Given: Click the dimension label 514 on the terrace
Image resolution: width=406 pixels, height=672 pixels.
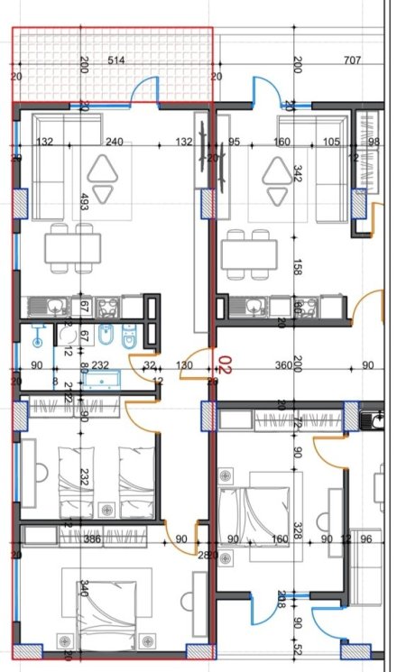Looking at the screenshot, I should pos(115,60).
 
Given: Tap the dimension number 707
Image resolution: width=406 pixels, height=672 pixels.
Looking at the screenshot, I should pos(353,60).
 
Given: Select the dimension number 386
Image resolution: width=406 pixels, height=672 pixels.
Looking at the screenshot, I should pos(92,539).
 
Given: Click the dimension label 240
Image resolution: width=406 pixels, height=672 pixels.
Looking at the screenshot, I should pos(114,142).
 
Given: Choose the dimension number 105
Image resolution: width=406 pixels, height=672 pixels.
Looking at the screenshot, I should pos(331,142).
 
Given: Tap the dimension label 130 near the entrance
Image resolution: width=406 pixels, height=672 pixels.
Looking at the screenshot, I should pos(184,364).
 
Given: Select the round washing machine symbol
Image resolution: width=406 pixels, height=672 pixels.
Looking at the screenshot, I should pos(69,336).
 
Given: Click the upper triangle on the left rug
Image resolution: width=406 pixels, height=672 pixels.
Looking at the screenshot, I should pos(107,166).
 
